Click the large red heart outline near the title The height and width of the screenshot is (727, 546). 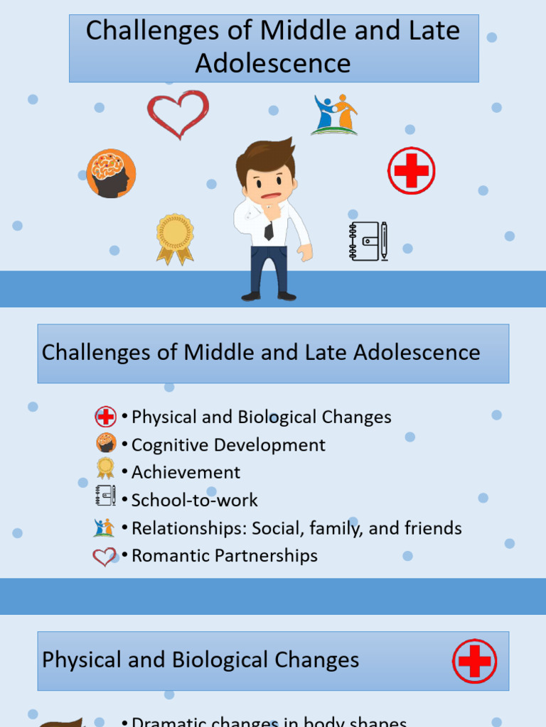click(178, 114)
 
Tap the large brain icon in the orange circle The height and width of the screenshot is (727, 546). click(111, 173)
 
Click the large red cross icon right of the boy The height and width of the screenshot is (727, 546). click(412, 170)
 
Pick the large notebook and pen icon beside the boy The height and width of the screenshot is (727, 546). click(368, 241)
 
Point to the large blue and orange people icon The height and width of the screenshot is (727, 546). click(335, 114)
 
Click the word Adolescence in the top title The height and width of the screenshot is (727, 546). click(273, 63)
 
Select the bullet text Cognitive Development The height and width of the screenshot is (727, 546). click(228, 445)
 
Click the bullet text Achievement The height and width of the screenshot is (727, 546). click(186, 472)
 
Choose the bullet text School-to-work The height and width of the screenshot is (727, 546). click(194, 500)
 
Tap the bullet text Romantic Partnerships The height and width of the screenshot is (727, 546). click(224, 555)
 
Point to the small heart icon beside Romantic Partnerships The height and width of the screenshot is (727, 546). click(105, 557)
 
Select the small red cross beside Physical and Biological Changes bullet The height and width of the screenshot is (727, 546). click(105, 417)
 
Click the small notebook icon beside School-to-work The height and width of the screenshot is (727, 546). click(105, 496)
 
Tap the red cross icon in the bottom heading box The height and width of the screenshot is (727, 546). click(474, 661)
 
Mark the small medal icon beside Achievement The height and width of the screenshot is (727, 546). click(105, 468)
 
